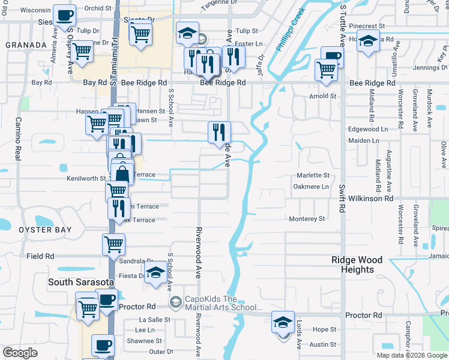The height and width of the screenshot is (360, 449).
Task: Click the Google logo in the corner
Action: point(20,353)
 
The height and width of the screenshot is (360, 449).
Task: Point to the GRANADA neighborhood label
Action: point(26,45)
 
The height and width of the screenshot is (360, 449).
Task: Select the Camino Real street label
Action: point(17,139)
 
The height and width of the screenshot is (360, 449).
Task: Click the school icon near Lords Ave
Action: point(283,322)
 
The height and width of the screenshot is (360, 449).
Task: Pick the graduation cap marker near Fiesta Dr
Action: point(155,272)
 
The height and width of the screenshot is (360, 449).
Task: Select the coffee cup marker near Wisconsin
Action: point(65,15)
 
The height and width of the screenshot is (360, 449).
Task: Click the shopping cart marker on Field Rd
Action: point(113,244)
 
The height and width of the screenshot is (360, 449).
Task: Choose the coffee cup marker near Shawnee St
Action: point(103,345)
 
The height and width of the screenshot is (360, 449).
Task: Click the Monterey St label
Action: point(307,219)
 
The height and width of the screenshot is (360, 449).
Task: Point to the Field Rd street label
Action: point(40,256)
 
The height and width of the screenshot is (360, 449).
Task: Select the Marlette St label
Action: point(313,175)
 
